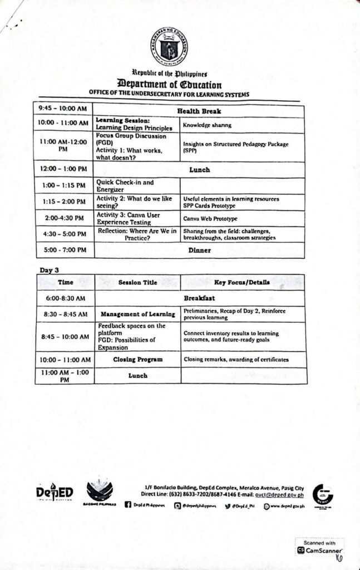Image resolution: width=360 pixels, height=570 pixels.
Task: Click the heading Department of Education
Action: (x=169, y=85)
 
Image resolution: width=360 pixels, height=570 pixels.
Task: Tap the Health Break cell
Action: (x=199, y=111)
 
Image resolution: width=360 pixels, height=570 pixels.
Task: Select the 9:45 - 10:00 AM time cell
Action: (x=62, y=107)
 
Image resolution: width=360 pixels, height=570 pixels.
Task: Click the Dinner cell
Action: (x=199, y=250)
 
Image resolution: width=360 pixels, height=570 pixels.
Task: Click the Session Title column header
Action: (x=137, y=282)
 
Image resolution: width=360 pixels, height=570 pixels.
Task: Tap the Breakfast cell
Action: (x=199, y=298)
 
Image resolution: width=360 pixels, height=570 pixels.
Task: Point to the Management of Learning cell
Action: (x=137, y=315)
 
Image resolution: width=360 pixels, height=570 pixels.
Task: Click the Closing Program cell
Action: (x=137, y=360)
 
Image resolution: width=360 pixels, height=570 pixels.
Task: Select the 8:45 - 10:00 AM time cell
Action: (x=65, y=337)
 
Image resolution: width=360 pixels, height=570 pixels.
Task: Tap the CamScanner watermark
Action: (x=320, y=547)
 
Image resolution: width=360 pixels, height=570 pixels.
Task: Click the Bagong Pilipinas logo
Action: (x=100, y=492)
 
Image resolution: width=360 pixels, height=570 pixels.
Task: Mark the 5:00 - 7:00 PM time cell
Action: (x=65, y=250)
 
